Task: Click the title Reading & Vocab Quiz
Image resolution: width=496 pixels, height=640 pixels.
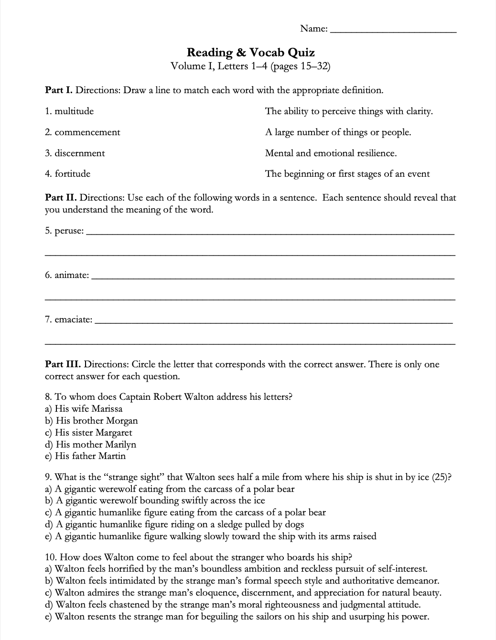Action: [250, 53]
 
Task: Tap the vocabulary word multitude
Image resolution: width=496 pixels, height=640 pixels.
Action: [74, 111]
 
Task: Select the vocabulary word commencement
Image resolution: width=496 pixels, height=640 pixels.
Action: [87, 132]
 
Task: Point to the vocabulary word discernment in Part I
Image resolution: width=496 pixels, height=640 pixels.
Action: [80, 153]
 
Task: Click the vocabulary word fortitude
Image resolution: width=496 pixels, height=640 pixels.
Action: [72, 174]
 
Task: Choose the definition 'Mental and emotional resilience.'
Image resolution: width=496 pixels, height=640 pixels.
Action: [331, 153]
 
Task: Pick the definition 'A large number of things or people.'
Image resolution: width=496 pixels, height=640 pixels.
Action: [338, 132]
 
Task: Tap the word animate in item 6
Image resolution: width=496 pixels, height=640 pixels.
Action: [71, 276]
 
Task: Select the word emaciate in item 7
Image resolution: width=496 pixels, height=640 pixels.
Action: [74, 320]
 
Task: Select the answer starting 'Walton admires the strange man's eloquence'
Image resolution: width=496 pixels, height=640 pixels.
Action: [248, 593]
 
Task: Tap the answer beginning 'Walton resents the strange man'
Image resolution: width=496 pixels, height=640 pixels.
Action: [242, 617]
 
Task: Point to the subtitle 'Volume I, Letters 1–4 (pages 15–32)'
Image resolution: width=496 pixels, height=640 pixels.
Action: [250, 66]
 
